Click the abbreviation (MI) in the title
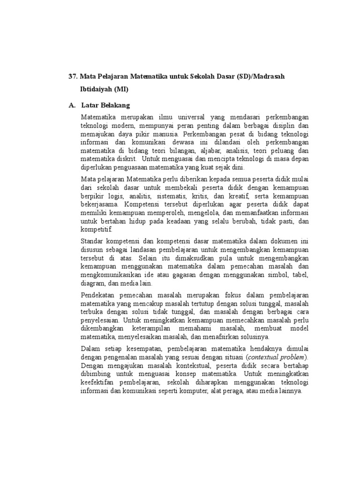(x=121, y=89)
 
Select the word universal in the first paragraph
(x=181, y=117)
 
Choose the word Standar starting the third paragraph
(x=91, y=241)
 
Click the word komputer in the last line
(x=190, y=391)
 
